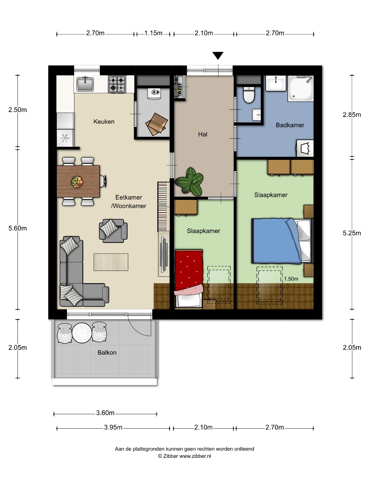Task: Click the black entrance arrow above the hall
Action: point(218,55)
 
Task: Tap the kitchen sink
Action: point(85,84)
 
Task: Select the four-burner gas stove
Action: point(117,84)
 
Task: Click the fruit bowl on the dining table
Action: point(77,182)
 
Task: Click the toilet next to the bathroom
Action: point(249,95)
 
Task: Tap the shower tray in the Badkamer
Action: point(300,88)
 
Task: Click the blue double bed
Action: point(282,241)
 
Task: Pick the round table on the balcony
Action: point(82,333)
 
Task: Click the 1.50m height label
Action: point(291,279)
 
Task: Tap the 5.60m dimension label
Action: point(18,228)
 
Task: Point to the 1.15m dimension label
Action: point(153,33)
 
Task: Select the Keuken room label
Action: point(104,121)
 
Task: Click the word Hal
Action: point(203,134)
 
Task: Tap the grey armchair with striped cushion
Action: point(113,231)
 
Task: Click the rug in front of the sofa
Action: point(111,262)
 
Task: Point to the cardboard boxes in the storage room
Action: point(157,124)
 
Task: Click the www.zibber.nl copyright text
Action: point(184,456)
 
